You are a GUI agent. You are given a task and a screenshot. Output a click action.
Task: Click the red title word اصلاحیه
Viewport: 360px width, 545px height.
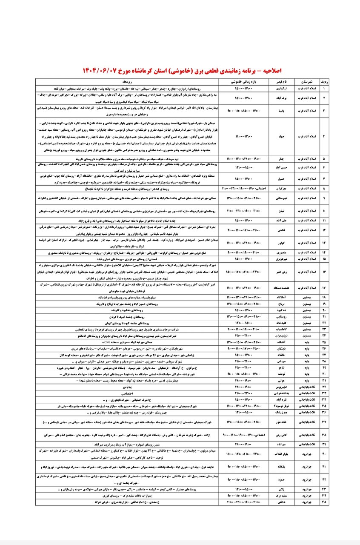pyautogui.click(x=268, y=70)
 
